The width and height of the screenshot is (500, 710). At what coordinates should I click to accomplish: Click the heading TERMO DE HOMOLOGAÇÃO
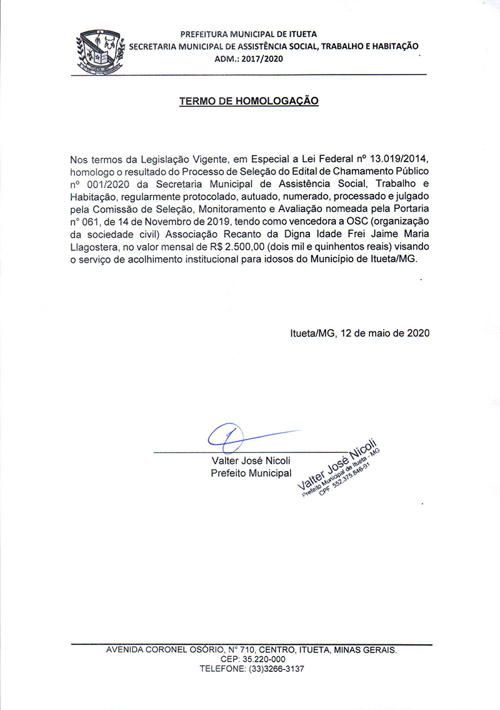[249, 101]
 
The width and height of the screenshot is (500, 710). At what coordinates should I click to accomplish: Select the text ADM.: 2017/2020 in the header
[249, 58]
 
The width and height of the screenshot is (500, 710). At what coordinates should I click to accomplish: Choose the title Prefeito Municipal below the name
[251, 473]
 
